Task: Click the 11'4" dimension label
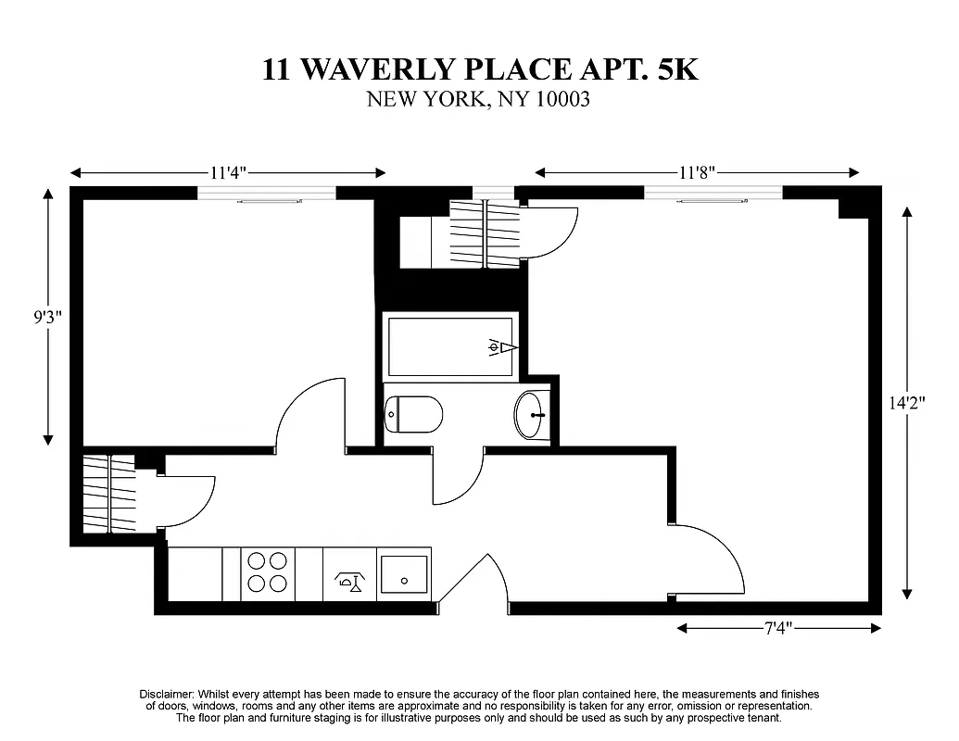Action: (227, 173)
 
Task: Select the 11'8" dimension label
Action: (697, 173)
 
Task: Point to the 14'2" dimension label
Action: (907, 403)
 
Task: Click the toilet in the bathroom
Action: (414, 414)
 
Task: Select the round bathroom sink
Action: (532, 415)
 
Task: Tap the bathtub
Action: (451, 346)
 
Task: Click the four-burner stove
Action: (268, 572)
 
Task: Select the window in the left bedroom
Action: (266, 193)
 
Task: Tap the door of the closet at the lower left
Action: (188, 500)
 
